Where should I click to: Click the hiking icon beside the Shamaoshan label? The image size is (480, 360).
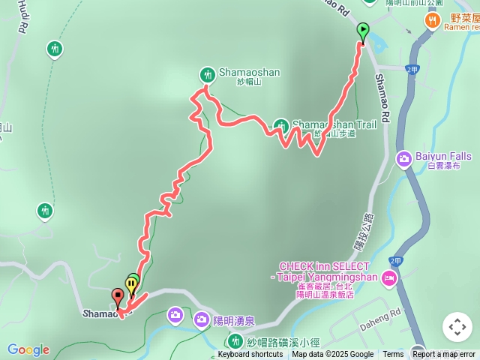(x=207, y=74)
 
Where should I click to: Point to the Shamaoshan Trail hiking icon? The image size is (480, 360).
(x=280, y=125)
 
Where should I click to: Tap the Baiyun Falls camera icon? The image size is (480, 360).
(x=404, y=158)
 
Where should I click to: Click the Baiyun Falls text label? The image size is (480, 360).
(x=443, y=157)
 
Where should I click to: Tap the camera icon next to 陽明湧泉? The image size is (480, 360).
(x=201, y=320)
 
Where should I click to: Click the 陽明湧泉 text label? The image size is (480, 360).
(x=233, y=321)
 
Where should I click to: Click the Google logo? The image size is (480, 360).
(x=28, y=349)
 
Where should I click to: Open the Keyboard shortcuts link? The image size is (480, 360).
(x=250, y=355)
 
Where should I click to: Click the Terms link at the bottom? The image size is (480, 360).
(x=393, y=355)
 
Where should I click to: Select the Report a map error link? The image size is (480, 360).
(x=444, y=355)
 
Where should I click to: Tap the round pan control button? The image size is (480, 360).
(x=457, y=327)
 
